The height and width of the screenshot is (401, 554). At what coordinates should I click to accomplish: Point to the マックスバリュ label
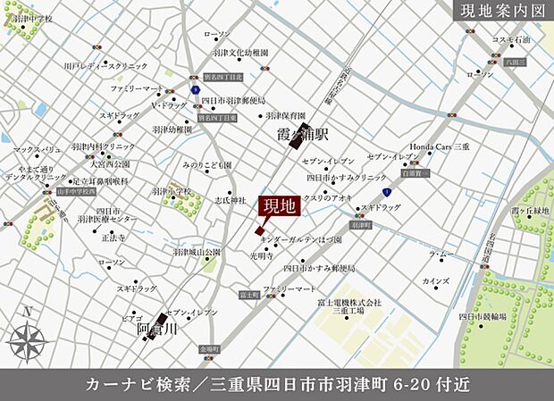37,149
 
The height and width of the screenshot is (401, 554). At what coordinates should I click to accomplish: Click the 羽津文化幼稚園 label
236,52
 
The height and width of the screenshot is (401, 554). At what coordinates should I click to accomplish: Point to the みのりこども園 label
206,165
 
